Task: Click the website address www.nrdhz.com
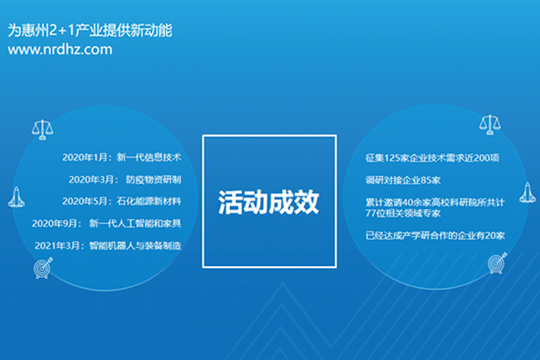(60, 50)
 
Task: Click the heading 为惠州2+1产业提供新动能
(90, 31)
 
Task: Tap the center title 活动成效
(269, 202)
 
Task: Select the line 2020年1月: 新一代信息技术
(122, 157)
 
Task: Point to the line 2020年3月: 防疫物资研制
(125, 179)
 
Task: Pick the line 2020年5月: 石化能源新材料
(122, 201)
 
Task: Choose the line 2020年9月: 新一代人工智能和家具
(106, 224)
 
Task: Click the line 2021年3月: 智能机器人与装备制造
(108, 245)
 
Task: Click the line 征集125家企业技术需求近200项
(432, 158)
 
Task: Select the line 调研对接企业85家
(403, 180)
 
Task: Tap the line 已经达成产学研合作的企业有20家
(435, 235)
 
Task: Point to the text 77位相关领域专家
(403, 213)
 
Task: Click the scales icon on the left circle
(43, 130)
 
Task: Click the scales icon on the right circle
(490, 124)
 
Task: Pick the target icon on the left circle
(43, 268)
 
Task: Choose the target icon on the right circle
(497, 263)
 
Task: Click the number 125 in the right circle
(392, 158)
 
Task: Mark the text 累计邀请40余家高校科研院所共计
(435, 202)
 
